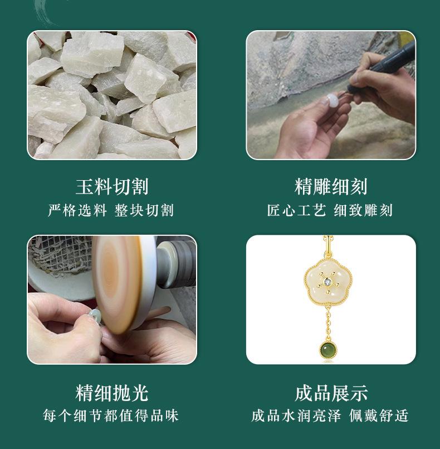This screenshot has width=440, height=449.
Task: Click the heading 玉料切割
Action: (112, 187)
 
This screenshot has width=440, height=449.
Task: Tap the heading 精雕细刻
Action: (331, 187)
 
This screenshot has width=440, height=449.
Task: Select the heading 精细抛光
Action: (112, 393)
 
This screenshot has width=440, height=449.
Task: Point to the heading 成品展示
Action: (331, 393)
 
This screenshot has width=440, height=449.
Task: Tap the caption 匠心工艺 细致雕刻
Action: (330, 210)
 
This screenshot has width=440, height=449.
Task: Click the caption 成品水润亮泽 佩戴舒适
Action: (330, 416)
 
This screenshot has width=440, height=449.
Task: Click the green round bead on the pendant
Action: (327, 350)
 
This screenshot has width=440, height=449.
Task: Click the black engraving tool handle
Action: (384, 66)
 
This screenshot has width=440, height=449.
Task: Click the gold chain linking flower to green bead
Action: (328, 324)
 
